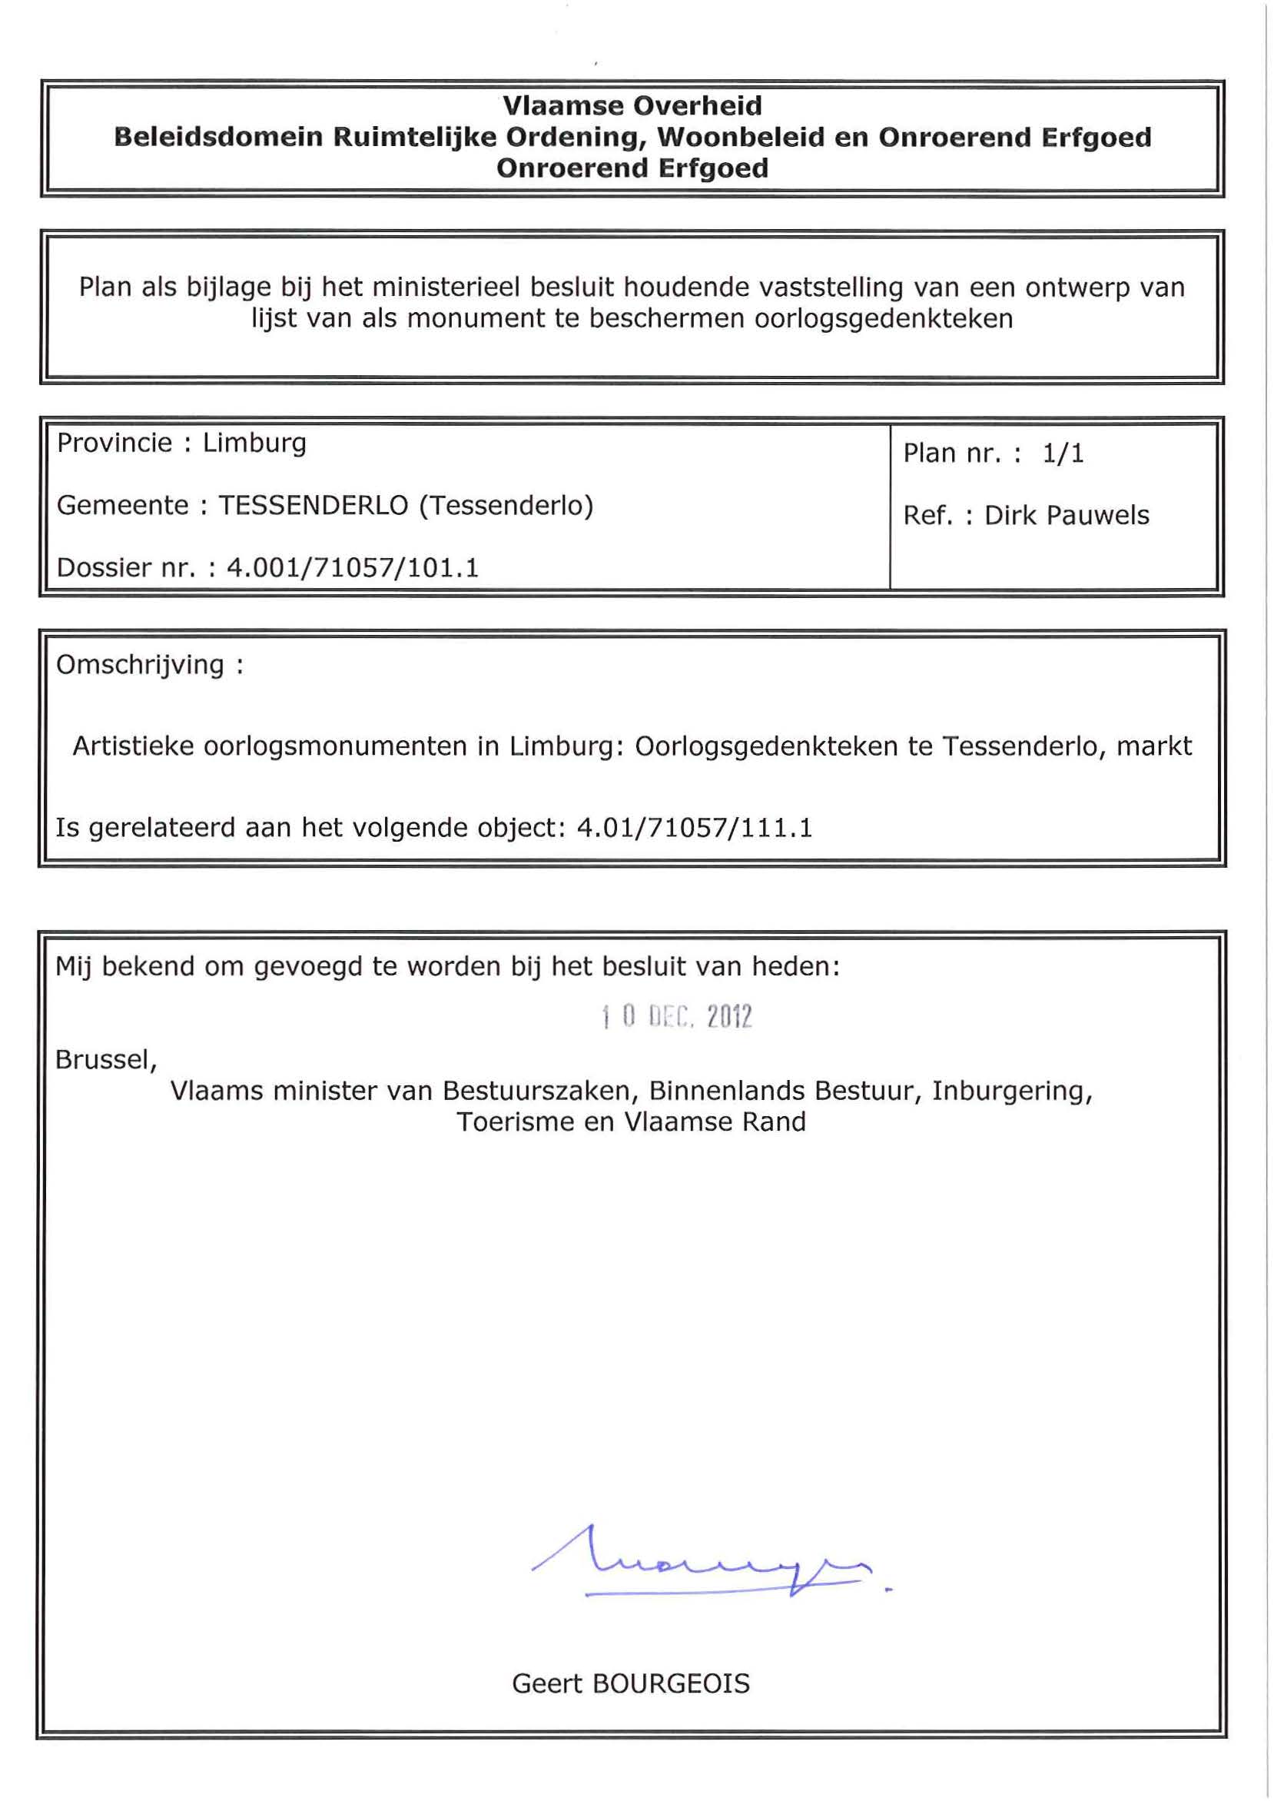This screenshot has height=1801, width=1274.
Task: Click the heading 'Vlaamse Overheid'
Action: pyautogui.click(x=632, y=105)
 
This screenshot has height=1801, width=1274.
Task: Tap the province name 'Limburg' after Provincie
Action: pyautogui.click(x=254, y=444)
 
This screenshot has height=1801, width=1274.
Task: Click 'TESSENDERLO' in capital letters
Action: pyautogui.click(x=313, y=505)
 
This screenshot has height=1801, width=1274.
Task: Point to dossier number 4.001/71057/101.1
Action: pyautogui.click(x=352, y=567)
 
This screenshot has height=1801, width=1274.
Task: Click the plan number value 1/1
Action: pyautogui.click(x=1063, y=454)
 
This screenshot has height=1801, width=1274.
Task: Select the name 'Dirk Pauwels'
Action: pyautogui.click(x=1066, y=516)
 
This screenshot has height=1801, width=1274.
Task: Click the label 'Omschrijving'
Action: pyautogui.click(x=141, y=665)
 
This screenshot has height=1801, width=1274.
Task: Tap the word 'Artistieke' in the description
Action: pyautogui.click(x=134, y=746)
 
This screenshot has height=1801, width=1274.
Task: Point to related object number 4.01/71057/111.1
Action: pyautogui.click(x=695, y=828)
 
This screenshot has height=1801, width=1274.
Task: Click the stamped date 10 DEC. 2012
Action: pyautogui.click(x=676, y=1017)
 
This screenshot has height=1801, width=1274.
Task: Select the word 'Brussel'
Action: pyautogui.click(x=105, y=1060)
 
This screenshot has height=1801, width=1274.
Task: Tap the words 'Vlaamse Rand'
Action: pyautogui.click(x=715, y=1122)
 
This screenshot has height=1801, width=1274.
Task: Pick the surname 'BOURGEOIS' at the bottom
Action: pyautogui.click(x=671, y=1683)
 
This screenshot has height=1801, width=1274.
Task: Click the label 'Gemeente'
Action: pyautogui.click(x=121, y=505)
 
